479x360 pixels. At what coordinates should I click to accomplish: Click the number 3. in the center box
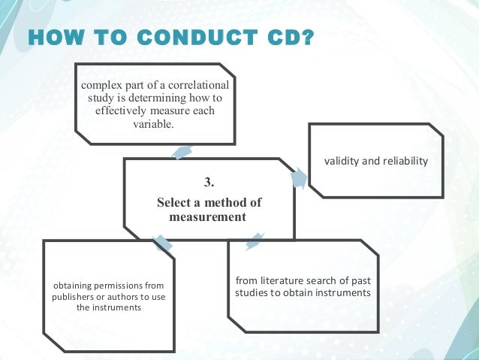click(x=209, y=183)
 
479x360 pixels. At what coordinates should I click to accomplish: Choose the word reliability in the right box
click(x=403, y=161)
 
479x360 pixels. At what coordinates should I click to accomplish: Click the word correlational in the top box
click(x=198, y=84)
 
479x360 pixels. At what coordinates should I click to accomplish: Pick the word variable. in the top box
click(x=153, y=124)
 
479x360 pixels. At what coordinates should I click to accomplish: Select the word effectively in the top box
click(x=124, y=110)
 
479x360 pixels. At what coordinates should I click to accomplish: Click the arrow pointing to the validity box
click(x=299, y=178)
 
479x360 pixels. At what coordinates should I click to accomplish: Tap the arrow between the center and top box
click(x=181, y=152)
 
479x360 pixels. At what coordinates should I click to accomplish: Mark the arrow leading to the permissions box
click(x=161, y=243)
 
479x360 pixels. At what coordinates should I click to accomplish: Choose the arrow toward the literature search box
click(x=255, y=241)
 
